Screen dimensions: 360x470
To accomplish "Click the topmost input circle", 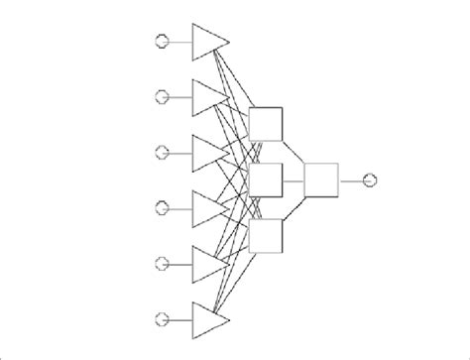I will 163,41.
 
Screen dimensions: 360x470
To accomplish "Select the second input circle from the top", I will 163,96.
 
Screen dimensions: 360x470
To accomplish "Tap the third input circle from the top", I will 163,152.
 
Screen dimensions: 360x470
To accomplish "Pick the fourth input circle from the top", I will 163,207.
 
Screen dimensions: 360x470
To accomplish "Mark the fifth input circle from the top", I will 163,263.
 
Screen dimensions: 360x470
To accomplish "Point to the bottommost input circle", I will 163,318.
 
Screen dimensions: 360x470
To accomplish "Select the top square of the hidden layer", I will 267,124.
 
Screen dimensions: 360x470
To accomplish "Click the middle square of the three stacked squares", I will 267,180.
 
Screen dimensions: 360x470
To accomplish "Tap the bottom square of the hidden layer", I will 267,235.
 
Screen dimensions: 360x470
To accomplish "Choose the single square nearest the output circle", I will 322,180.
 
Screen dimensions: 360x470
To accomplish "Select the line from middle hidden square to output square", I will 294,180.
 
